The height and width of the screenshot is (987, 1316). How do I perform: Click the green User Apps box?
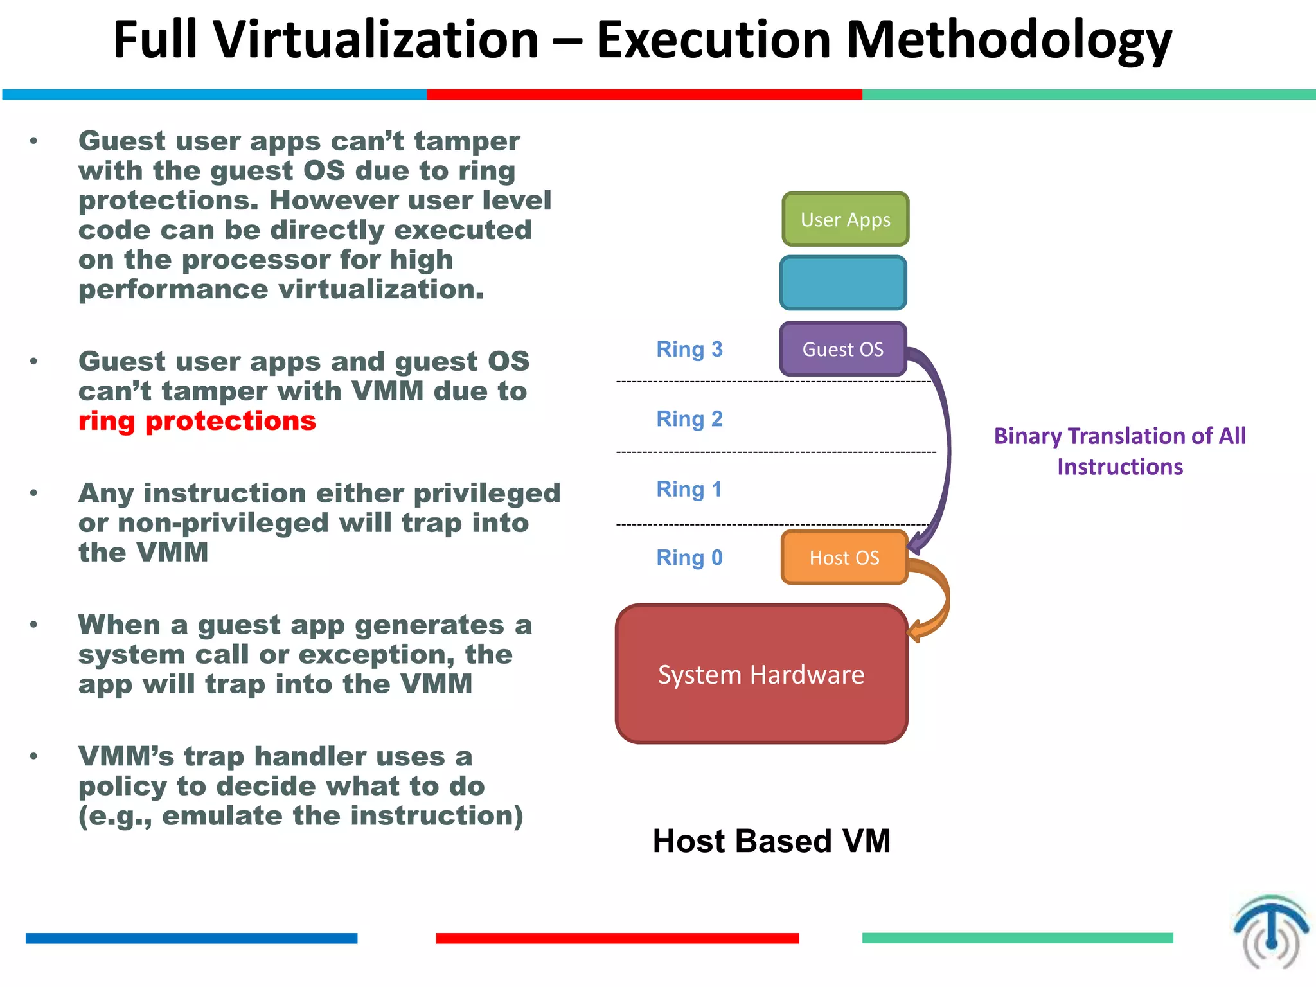tap(845, 219)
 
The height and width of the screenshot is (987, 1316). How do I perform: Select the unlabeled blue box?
tap(843, 283)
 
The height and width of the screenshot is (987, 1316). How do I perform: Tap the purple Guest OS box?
tap(843, 349)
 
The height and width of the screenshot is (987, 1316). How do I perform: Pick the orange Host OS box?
tap(844, 557)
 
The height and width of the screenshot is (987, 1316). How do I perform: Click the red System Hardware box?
tap(761, 674)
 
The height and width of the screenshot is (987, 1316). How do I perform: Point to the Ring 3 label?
tap(689, 349)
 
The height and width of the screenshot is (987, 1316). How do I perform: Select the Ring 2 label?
tap(689, 418)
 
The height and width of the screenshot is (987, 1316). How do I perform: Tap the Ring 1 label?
tap(689, 489)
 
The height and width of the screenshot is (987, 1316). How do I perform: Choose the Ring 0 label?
tap(689, 557)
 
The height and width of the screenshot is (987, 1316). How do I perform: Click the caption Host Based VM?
tap(771, 840)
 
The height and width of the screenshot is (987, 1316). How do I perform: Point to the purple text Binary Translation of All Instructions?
tap(1119, 450)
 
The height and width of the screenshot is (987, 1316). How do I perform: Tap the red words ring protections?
tap(197, 421)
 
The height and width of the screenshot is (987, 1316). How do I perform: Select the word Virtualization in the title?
tap(376, 40)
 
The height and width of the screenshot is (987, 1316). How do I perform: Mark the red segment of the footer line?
tap(617, 938)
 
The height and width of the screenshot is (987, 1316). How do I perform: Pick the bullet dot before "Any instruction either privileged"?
tap(33, 493)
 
